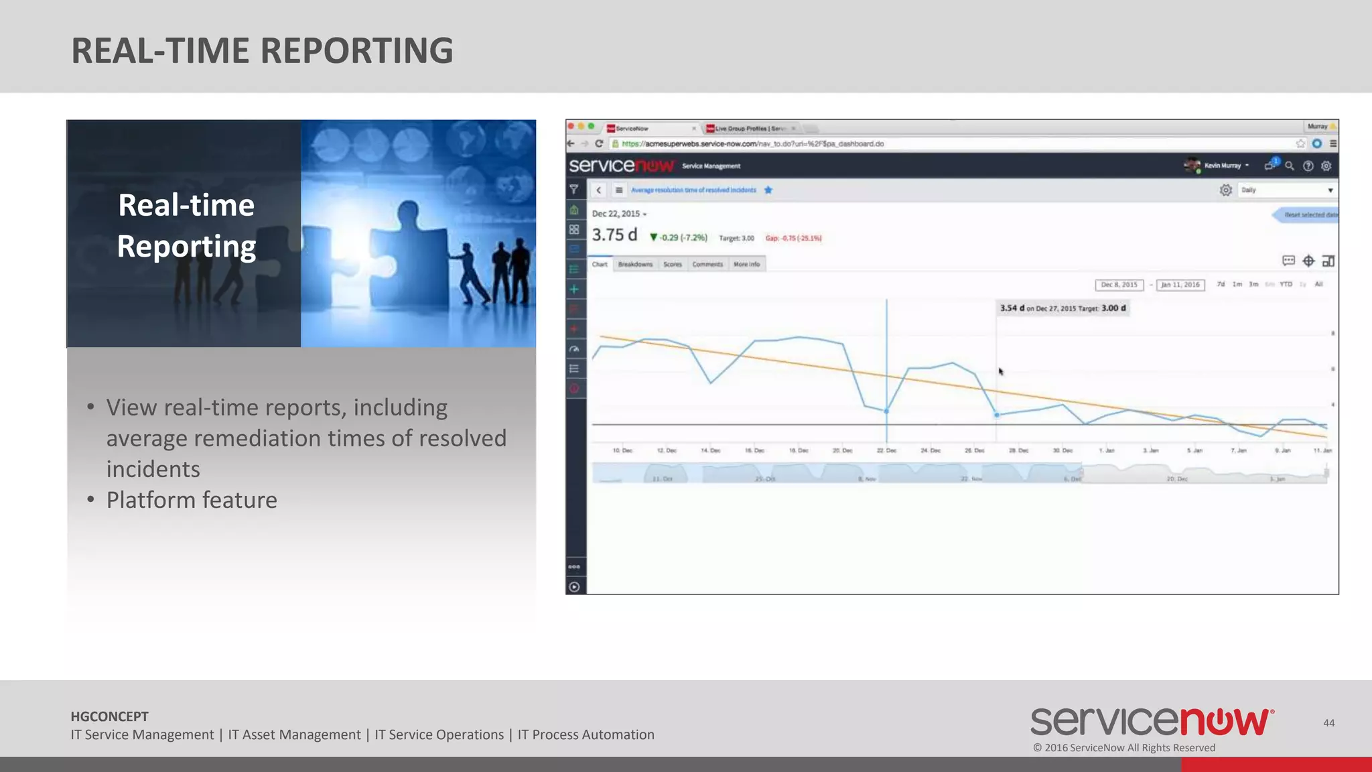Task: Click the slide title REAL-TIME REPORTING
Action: pos(262,51)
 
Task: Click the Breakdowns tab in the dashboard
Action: pos(635,265)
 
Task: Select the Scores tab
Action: pos(673,265)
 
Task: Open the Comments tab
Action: pos(707,265)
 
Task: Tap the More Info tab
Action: pos(746,265)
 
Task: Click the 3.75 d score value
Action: pos(614,235)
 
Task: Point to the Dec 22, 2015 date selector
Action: pos(618,214)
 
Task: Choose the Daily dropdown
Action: pos(1287,190)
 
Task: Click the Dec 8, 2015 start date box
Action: pos(1119,285)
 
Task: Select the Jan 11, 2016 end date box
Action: pos(1180,285)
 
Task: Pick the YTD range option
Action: pos(1286,285)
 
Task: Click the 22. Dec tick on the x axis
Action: pos(886,450)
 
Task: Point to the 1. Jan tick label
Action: pos(1107,450)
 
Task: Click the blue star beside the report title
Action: pos(768,190)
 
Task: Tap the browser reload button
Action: pos(599,144)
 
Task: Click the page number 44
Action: pos(1329,722)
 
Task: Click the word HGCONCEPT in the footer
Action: pos(110,716)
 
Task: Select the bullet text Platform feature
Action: pos(192,500)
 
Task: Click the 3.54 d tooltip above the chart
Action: pos(1062,308)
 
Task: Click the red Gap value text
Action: pos(793,238)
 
